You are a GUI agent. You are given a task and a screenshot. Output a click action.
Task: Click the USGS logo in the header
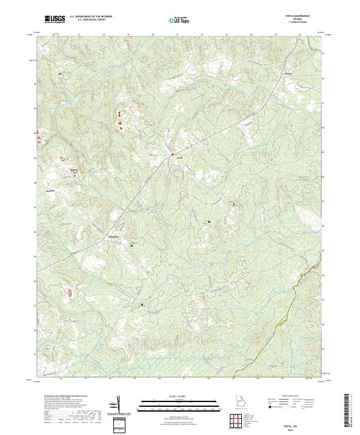55,19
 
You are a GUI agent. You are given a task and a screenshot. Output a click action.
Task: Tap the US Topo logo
178,20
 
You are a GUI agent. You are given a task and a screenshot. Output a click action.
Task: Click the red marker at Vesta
172,155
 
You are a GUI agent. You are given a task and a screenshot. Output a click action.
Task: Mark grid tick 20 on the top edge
153,35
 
